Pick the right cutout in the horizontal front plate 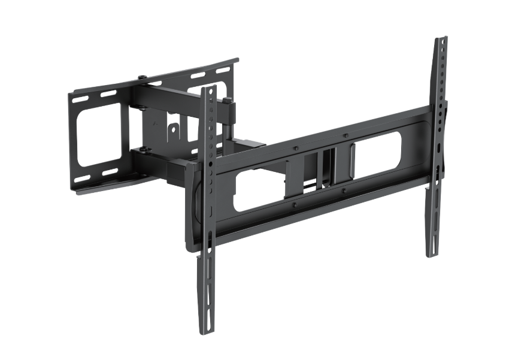pyautogui.click(x=377, y=155)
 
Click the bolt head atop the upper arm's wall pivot pyautogui.click(x=141, y=78)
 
